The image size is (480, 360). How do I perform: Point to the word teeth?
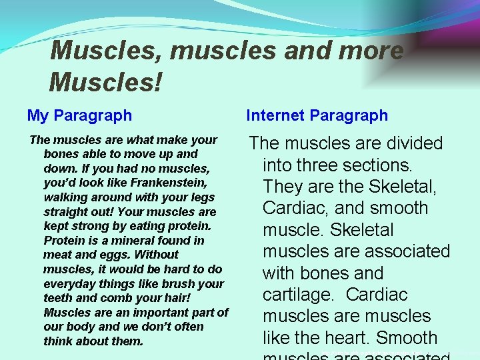pyautogui.click(x=57, y=298)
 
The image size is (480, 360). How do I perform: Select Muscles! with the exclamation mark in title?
pyautogui.click(x=105, y=83)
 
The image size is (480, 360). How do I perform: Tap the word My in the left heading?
pyautogui.click(x=37, y=115)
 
